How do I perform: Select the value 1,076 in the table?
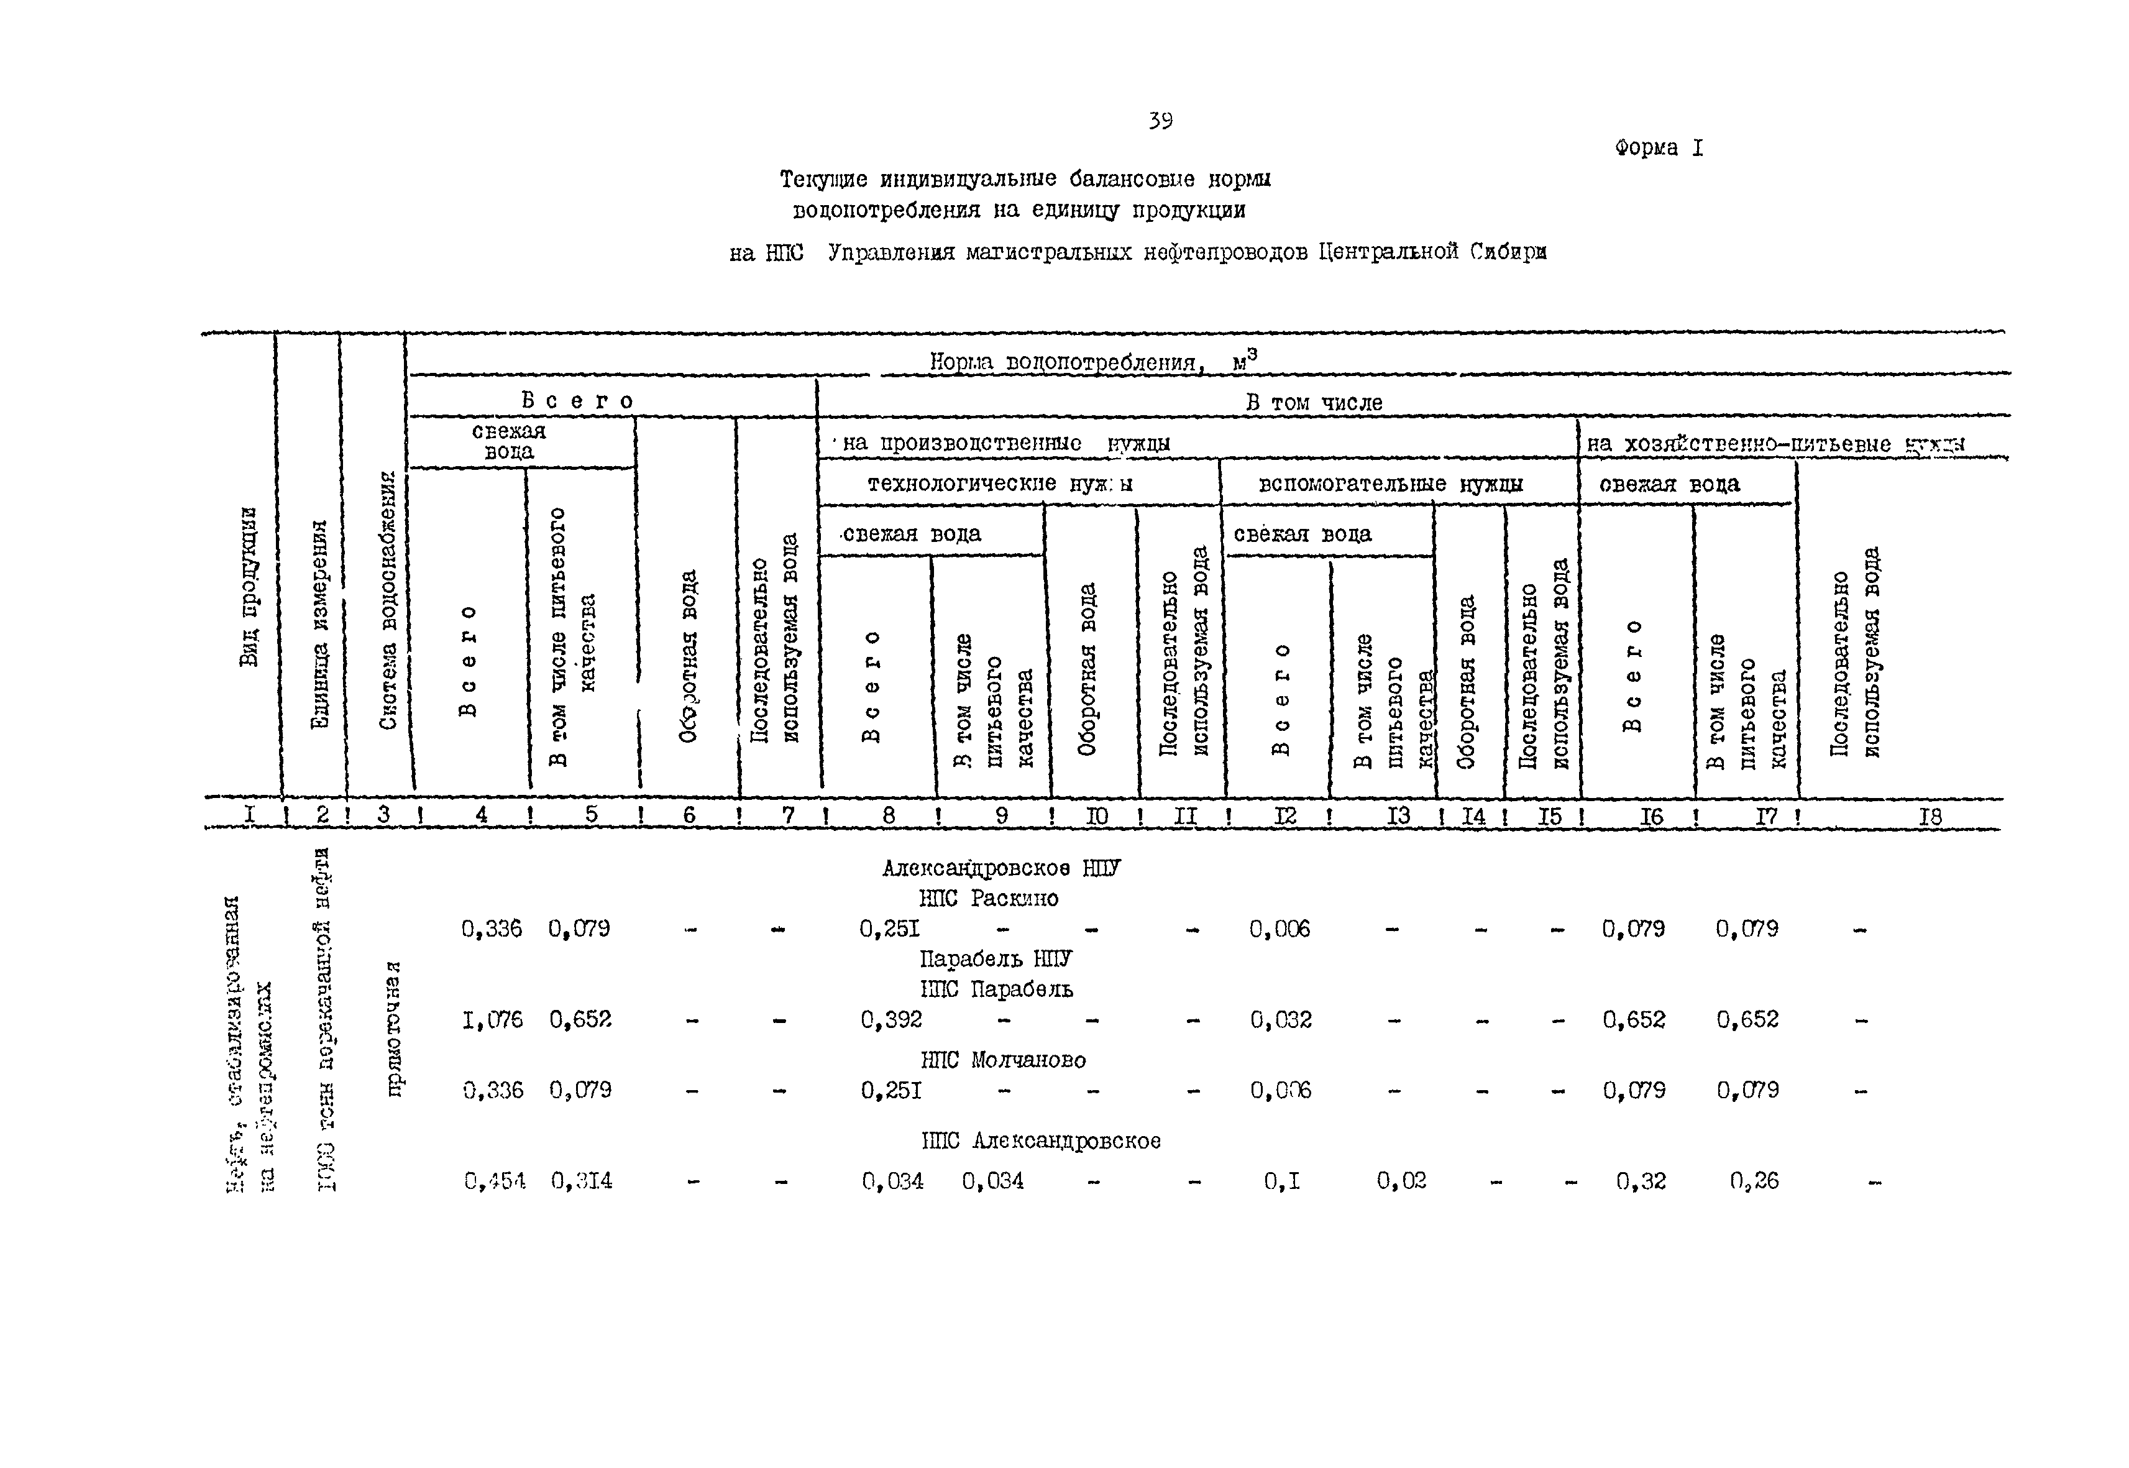pyautogui.click(x=492, y=1019)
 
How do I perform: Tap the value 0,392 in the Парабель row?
pyautogui.click(x=891, y=1019)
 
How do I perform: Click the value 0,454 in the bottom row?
pyautogui.click(x=495, y=1181)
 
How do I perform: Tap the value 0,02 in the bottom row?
pyautogui.click(x=1401, y=1181)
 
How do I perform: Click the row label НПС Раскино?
pyautogui.click(x=989, y=899)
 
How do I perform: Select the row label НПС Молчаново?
pyautogui.click(x=1002, y=1060)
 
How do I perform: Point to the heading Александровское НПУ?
pyautogui.click(x=1000, y=868)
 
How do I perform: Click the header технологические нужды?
pyautogui.click(x=1000, y=484)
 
